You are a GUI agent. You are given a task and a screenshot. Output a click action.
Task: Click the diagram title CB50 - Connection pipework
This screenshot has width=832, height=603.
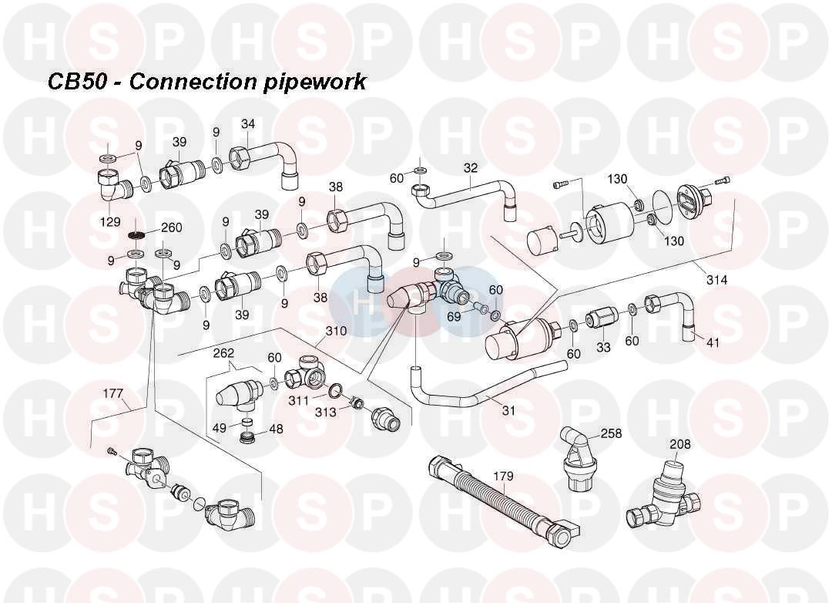(206, 82)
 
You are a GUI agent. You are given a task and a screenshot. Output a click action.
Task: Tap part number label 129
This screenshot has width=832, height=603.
(109, 221)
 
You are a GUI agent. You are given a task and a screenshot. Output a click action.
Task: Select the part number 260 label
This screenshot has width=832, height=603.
(171, 228)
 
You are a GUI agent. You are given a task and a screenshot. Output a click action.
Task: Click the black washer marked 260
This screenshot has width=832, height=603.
(137, 234)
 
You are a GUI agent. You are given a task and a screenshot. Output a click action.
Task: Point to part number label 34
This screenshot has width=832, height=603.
(248, 124)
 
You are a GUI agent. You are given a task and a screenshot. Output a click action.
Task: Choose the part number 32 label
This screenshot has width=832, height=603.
(471, 167)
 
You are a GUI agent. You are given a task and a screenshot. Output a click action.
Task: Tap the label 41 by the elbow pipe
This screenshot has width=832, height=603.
(713, 342)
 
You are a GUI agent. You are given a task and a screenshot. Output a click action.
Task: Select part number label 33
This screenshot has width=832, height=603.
(603, 348)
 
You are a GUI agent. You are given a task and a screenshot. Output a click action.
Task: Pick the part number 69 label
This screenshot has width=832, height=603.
(455, 316)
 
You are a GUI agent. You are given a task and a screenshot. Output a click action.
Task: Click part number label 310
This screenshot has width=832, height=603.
(336, 331)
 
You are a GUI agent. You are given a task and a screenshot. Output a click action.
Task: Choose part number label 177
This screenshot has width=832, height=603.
(113, 393)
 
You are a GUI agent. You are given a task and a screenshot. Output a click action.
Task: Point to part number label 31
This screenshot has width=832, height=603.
(508, 410)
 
